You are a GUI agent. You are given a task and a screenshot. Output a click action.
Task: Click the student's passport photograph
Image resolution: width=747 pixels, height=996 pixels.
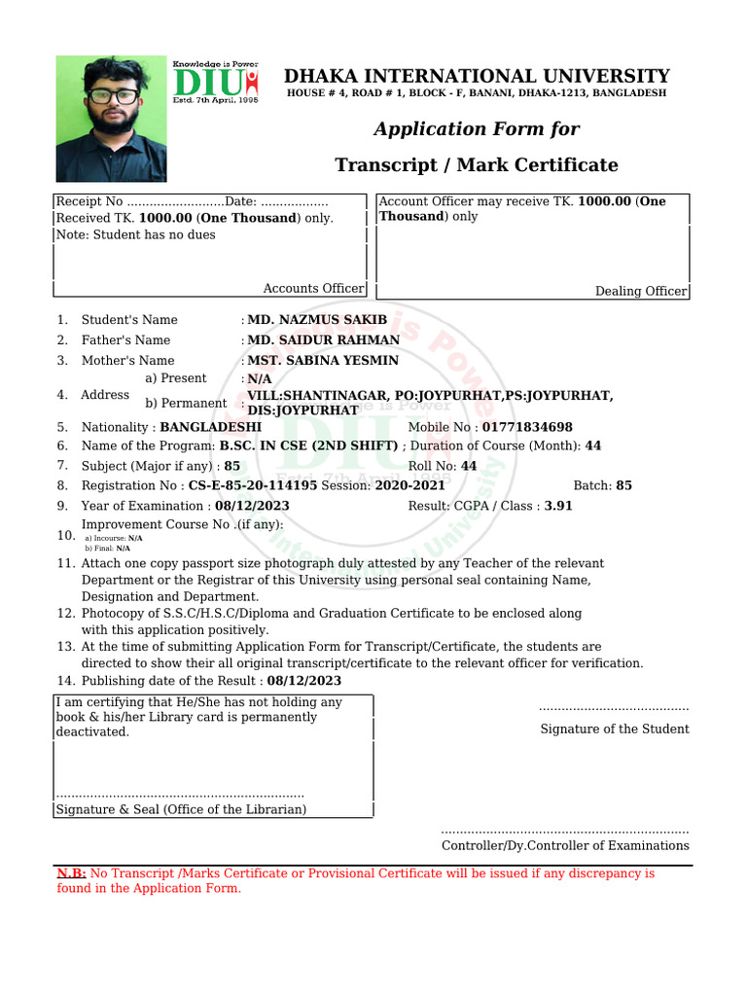pos(111,118)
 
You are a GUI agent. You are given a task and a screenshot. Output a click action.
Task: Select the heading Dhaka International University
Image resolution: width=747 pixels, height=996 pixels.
pos(477,76)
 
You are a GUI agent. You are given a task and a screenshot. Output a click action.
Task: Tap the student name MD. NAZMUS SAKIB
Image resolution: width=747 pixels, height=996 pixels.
pos(317,320)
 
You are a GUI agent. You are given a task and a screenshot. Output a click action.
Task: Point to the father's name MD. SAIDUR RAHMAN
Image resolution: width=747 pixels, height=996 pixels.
pos(324,340)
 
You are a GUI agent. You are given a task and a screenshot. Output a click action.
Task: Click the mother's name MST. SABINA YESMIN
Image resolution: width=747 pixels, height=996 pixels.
pos(323,361)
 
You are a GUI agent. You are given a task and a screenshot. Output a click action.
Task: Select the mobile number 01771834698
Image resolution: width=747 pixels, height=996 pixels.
pos(527,427)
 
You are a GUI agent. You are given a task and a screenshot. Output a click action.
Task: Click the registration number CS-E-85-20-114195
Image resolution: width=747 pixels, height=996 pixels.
pos(253,485)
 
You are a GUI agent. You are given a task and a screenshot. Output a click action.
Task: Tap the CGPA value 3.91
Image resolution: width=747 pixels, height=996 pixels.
pos(558,506)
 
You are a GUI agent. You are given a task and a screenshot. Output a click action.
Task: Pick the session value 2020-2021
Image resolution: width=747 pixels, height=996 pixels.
pos(410,485)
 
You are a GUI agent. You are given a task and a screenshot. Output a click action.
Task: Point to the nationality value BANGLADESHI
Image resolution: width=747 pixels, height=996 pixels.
pos(211,427)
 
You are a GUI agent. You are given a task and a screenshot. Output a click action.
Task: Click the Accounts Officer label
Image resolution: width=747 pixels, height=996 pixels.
pos(313,288)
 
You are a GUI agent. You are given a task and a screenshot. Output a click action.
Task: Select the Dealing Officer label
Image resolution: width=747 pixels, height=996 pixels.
pos(640,292)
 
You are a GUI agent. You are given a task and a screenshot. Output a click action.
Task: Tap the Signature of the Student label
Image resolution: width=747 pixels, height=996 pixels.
pos(615,729)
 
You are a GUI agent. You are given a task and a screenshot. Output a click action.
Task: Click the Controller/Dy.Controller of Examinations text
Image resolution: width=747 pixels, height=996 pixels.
pos(565,845)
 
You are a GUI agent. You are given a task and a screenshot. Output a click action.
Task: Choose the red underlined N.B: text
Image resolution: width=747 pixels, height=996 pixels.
pos(71,873)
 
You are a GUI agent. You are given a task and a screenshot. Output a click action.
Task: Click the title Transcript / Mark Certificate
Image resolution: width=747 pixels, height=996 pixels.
pos(477,164)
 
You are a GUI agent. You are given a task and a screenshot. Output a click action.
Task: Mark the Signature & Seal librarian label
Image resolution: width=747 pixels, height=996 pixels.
pos(181,809)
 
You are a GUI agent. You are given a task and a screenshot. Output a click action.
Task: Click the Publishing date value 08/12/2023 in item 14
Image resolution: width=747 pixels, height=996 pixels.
pos(303,681)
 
